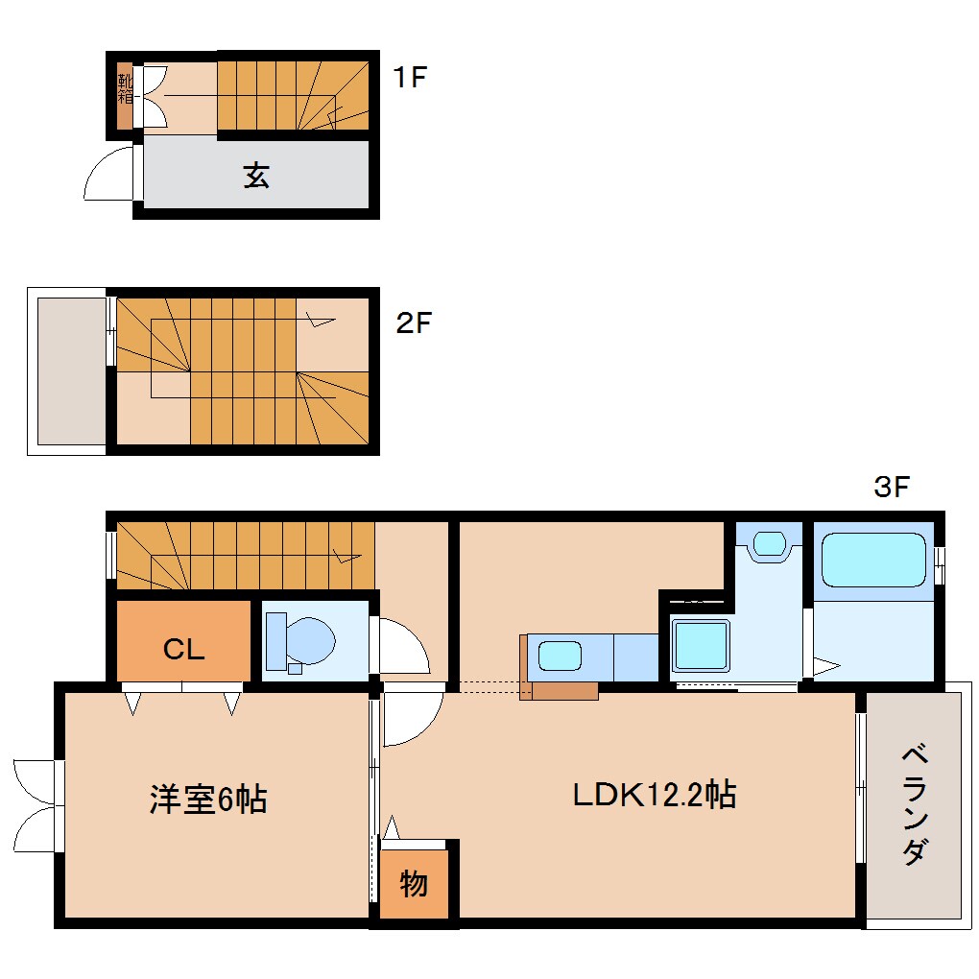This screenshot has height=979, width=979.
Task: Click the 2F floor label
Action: coord(415,323)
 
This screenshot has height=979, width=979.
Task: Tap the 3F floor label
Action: coord(890,488)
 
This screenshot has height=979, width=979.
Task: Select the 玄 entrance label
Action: coord(255,176)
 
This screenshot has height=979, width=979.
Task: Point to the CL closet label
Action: coord(183,650)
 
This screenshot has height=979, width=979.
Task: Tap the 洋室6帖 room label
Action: coord(207,799)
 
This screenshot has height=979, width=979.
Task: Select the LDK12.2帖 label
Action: coord(654,795)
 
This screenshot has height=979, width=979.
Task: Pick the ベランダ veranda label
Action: coord(914,803)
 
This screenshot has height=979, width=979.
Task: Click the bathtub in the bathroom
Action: coord(872,560)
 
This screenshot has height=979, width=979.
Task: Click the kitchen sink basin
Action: coord(559,657)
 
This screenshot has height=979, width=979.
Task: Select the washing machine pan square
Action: coord(700,646)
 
